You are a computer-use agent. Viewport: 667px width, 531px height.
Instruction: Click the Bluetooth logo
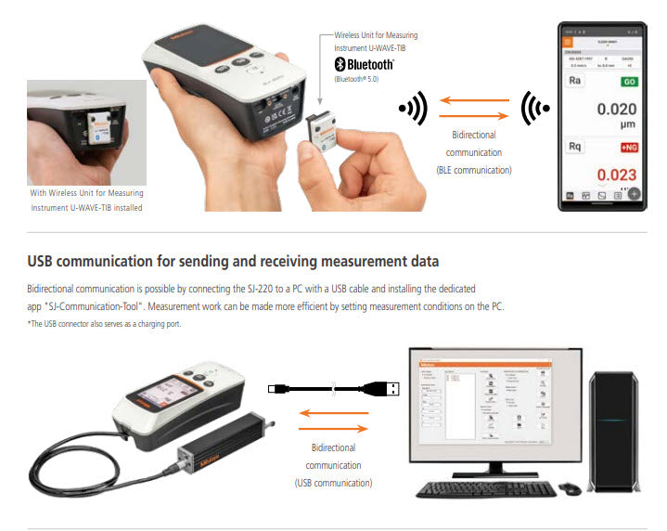tap(363, 64)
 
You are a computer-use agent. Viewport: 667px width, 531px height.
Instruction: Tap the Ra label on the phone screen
tap(575, 82)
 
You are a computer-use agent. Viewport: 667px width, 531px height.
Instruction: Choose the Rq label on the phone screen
tap(575, 147)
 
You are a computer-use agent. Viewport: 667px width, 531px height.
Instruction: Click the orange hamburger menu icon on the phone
tap(568, 42)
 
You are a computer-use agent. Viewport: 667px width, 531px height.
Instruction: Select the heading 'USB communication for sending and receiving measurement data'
tap(233, 261)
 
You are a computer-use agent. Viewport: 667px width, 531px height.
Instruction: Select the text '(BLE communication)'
tap(475, 170)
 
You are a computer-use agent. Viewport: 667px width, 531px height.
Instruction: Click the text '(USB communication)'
tap(333, 483)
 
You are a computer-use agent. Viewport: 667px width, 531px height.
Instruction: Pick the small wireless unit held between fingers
tap(325, 130)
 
